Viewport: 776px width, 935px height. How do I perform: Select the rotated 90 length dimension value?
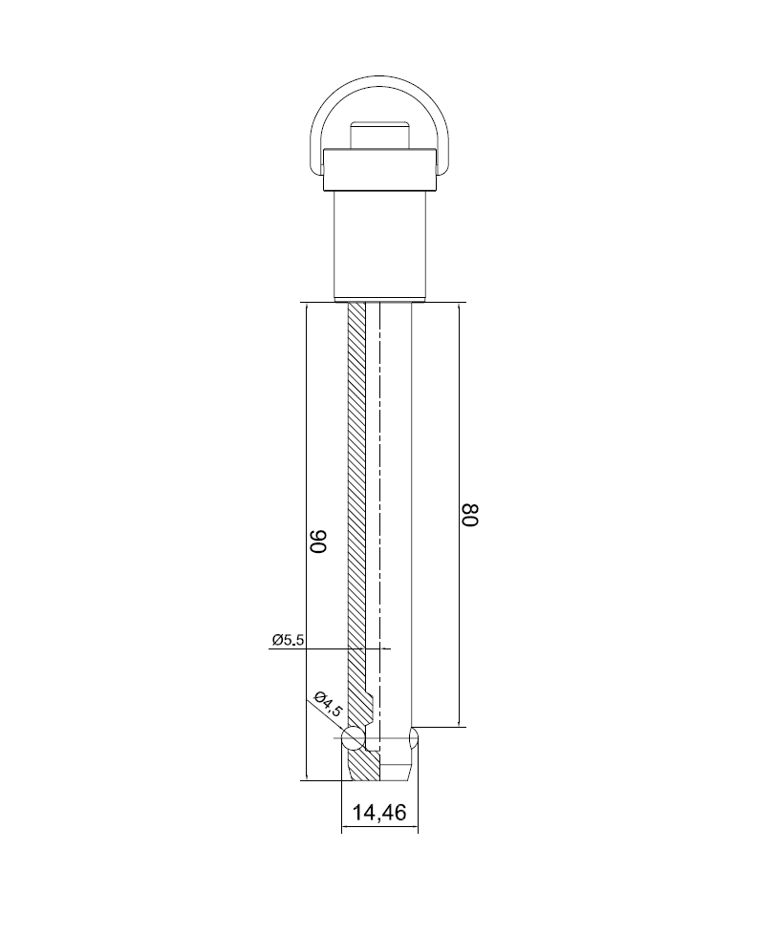pyautogui.click(x=318, y=542)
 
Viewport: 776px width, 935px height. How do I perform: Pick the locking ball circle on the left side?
pyautogui.click(x=352, y=738)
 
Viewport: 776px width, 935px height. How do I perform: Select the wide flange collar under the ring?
pyautogui.click(x=379, y=171)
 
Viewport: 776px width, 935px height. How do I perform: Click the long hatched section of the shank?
pyautogui.click(x=356, y=478)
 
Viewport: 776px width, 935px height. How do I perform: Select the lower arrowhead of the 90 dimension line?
pyautogui.click(x=305, y=774)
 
